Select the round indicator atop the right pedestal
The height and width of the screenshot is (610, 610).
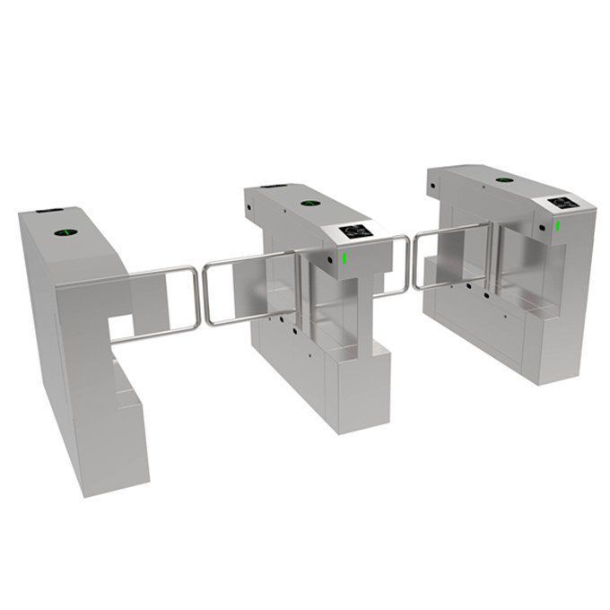tap(499, 179)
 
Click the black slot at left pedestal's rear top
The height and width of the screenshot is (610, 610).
tap(45, 213)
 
